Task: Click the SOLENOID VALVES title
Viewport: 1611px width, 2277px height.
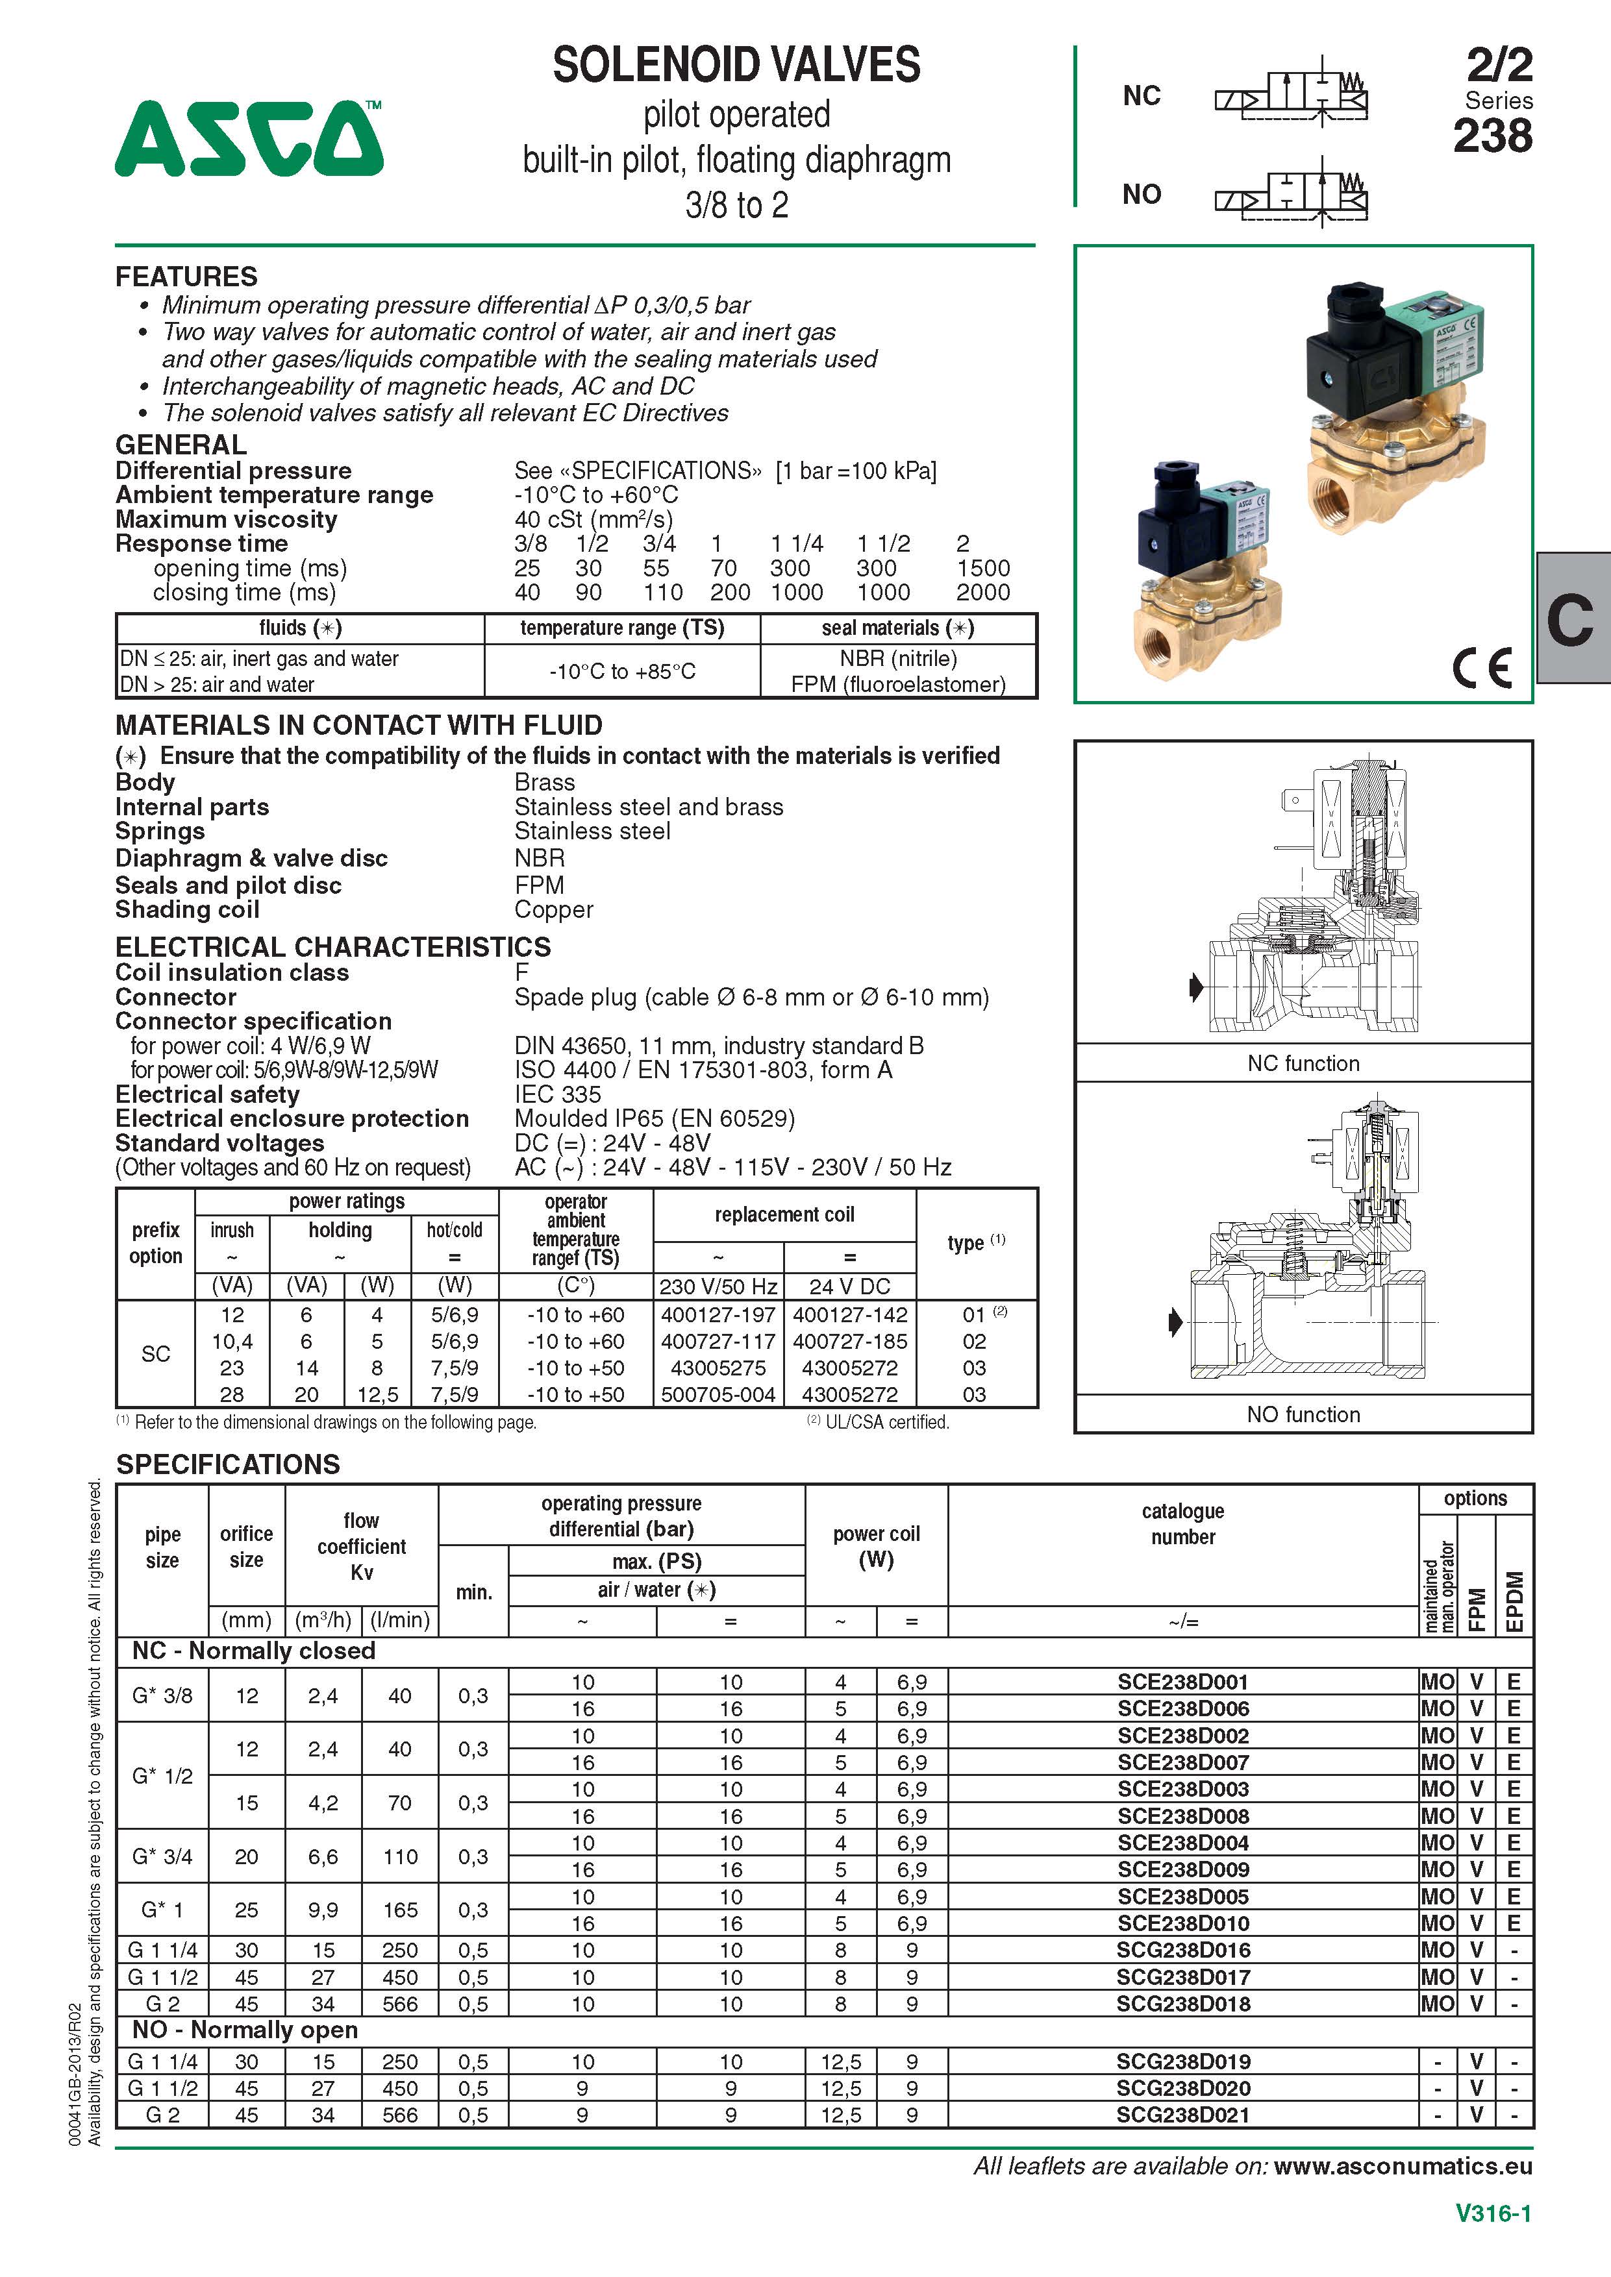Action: click(x=736, y=66)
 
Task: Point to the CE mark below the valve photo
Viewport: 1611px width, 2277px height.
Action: click(x=1482, y=667)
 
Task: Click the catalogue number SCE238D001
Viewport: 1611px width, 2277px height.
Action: click(x=1182, y=1682)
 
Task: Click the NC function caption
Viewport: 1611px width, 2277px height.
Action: click(x=1303, y=1063)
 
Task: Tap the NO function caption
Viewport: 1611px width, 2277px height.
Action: click(x=1303, y=1414)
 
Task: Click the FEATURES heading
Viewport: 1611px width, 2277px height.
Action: click(x=186, y=277)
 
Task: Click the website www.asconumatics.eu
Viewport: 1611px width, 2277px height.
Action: click(x=1403, y=2166)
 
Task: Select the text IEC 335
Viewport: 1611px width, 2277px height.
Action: click(x=558, y=1094)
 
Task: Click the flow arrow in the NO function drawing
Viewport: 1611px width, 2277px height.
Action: click(x=1175, y=1322)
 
